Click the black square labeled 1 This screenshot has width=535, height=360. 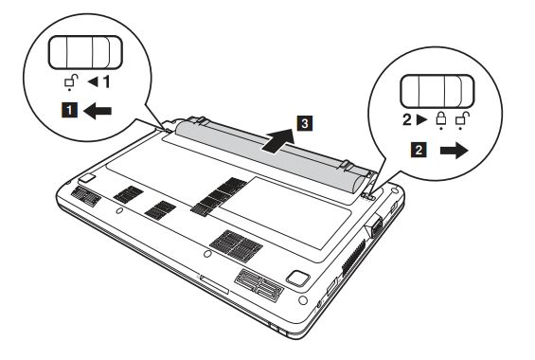point(69,110)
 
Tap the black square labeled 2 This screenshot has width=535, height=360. point(419,150)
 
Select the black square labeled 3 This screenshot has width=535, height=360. point(305,123)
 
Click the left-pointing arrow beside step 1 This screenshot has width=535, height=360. point(98,111)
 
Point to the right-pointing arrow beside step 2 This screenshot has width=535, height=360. point(454,150)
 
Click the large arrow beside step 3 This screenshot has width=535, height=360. point(278,140)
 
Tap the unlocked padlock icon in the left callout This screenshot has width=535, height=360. point(71,81)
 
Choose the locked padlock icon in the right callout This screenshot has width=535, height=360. point(441,120)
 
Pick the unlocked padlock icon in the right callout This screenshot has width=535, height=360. point(462,120)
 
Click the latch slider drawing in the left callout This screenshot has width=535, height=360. point(85,52)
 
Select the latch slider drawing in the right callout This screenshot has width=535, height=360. point(437,91)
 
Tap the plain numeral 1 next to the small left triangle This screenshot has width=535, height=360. point(106,81)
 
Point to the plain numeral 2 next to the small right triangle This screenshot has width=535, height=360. point(407,119)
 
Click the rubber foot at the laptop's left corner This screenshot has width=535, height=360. point(87,177)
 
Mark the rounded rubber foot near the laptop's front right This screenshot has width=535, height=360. point(298,278)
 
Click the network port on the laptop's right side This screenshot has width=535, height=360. point(375,226)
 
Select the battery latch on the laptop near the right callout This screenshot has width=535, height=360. point(368,196)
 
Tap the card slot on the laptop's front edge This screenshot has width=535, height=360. point(214,284)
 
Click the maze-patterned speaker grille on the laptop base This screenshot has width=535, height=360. point(259,285)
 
